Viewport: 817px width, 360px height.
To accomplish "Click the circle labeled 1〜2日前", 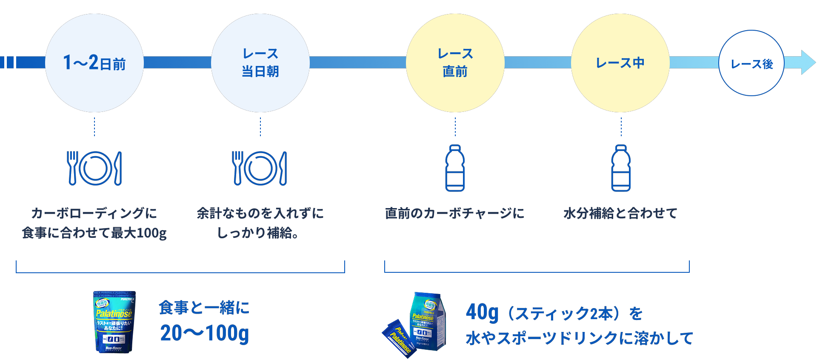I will (x=94, y=63).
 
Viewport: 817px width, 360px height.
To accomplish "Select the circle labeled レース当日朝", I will (x=260, y=63).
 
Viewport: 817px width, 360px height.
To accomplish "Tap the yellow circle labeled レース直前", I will (x=455, y=63).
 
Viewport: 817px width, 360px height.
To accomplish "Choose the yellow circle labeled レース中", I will (x=620, y=63).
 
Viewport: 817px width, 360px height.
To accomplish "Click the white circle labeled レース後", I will (x=751, y=63).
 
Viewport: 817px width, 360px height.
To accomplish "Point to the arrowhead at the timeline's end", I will (x=807, y=63).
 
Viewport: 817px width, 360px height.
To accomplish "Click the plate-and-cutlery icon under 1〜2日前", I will (x=94, y=168).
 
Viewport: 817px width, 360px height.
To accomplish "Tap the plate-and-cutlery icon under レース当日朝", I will (x=260, y=168).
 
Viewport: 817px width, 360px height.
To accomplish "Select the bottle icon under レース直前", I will (x=455, y=168).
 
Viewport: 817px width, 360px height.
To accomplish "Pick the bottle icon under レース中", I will (x=621, y=168).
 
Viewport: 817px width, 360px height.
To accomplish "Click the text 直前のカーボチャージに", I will (x=454, y=213).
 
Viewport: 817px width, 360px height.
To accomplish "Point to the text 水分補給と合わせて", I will (x=620, y=213).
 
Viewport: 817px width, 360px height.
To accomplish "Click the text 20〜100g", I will (x=205, y=333).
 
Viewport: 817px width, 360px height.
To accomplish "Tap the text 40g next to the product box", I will (x=482, y=313).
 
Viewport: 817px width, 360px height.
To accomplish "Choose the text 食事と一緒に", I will (x=204, y=307).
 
